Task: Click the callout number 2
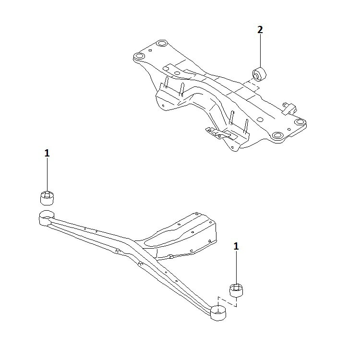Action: point(260,30)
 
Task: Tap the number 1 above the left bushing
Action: point(47,153)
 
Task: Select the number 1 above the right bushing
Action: point(236,246)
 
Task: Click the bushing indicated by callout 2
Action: point(259,74)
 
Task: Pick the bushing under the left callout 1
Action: point(47,198)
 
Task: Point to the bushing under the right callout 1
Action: point(236,290)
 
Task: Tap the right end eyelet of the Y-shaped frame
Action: point(218,312)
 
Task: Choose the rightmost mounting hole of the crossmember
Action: point(300,122)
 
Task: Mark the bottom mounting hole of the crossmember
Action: point(277,135)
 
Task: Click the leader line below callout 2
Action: point(260,51)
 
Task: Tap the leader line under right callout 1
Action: point(236,267)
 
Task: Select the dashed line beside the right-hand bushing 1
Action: point(228,302)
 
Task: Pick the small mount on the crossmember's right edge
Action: point(290,108)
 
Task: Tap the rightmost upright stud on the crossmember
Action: point(246,126)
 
